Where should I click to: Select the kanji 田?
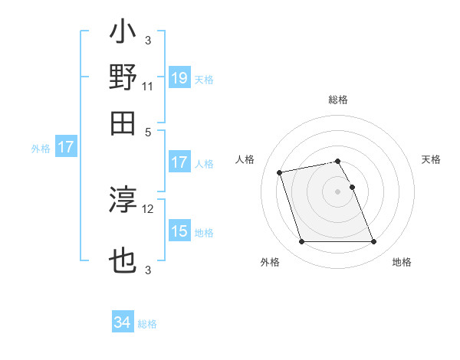point(123,123)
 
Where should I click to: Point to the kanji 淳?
point(123,201)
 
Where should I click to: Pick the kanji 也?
point(123,261)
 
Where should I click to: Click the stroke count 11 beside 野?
point(148,87)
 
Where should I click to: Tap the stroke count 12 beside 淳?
point(148,208)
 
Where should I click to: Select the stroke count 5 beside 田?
point(148,131)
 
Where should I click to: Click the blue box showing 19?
point(179,78)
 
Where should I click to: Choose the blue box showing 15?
point(179,231)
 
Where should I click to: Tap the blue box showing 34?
point(123,323)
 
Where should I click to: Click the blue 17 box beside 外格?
point(65,148)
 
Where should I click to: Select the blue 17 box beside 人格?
point(179,162)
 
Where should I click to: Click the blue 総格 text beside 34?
point(147,324)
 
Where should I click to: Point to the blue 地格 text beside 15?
point(204,232)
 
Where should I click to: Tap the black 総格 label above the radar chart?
point(337,100)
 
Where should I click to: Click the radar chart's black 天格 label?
point(431,159)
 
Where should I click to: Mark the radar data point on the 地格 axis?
point(373,242)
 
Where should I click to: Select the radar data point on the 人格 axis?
point(281,172)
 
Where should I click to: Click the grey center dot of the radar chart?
point(337,191)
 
